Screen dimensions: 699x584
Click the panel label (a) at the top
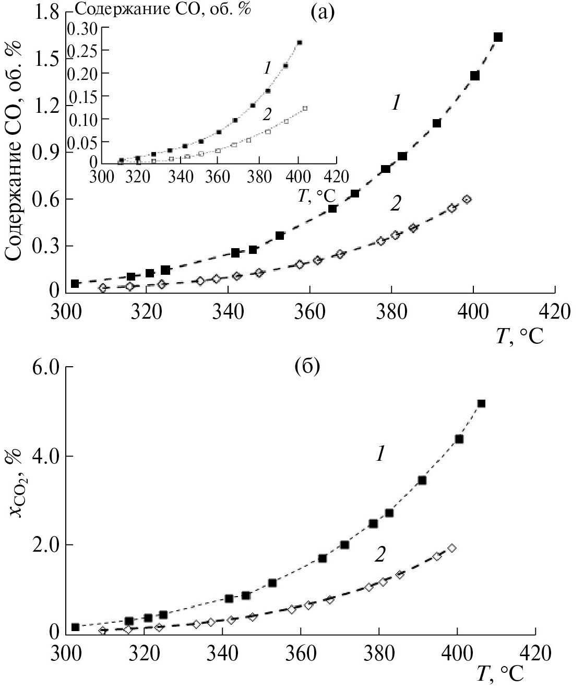320,11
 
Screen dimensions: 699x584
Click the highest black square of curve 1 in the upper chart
498,37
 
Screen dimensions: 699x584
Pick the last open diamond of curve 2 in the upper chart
467,199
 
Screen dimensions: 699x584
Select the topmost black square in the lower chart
481,403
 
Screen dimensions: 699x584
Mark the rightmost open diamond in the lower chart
452,548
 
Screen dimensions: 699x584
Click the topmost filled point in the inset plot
300,42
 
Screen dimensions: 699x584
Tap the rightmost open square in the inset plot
305,109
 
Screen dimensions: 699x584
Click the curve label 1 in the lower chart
380,455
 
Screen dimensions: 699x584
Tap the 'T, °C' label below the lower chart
499,674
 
